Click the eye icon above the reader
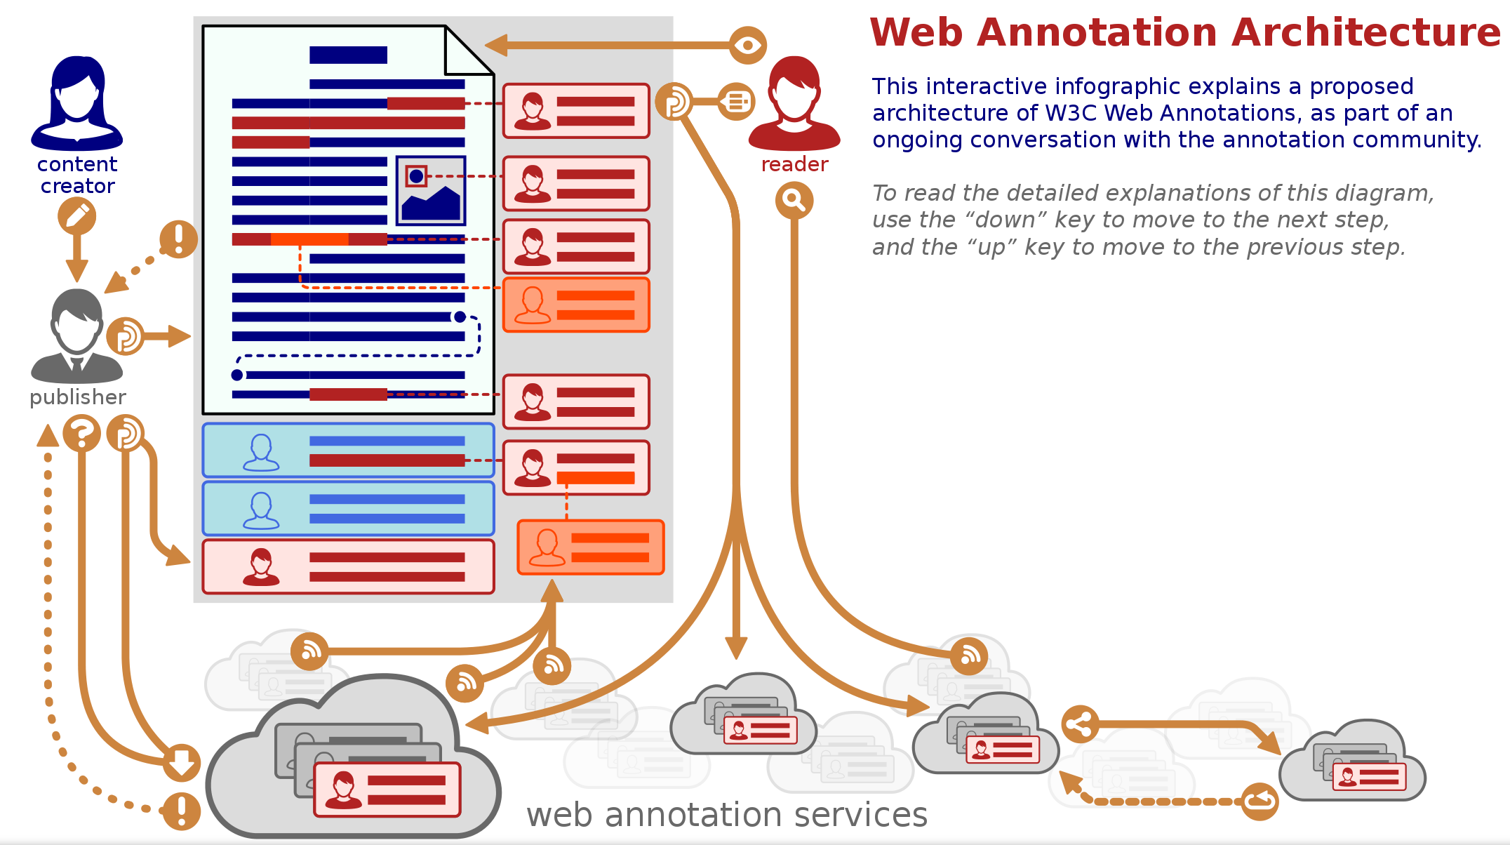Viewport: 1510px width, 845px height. tap(747, 46)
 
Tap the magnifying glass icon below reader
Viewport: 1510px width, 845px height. tap(794, 201)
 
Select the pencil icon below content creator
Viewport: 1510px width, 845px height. tap(76, 215)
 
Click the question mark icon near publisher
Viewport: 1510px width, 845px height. tap(82, 433)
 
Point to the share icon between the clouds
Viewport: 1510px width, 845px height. tap(1080, 724)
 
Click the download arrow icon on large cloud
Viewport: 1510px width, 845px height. tap(182, 763)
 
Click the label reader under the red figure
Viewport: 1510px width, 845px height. tap(794, 164)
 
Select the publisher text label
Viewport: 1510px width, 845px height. tap(78, 397)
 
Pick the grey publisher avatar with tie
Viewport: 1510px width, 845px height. tap(77, 335)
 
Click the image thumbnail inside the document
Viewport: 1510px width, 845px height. tap(431, 190)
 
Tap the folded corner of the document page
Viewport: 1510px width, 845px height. tap(469, 51)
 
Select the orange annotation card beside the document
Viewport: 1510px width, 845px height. tap(576, 305)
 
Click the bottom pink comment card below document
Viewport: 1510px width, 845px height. tap(348, 566)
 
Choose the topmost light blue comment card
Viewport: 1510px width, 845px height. tap(348, 451)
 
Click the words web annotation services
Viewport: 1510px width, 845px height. tap(727, 815)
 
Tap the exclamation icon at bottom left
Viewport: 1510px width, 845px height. tap(182, 811)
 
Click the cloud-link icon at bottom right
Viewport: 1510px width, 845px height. tap(1260, 801)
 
